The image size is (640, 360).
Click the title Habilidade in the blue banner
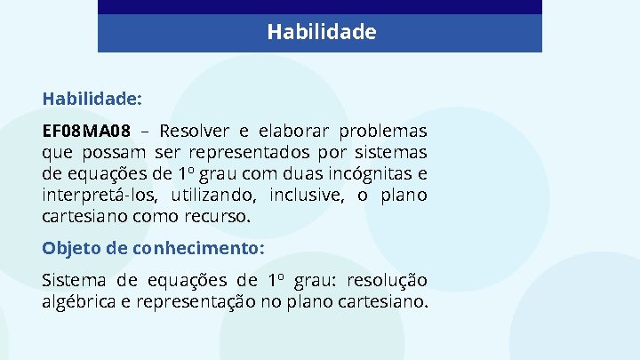[322, 33]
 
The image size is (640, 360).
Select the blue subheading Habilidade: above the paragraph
[92, 97]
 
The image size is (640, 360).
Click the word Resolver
[196, 131]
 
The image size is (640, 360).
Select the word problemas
[386, 131]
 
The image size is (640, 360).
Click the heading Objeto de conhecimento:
[153, 247]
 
